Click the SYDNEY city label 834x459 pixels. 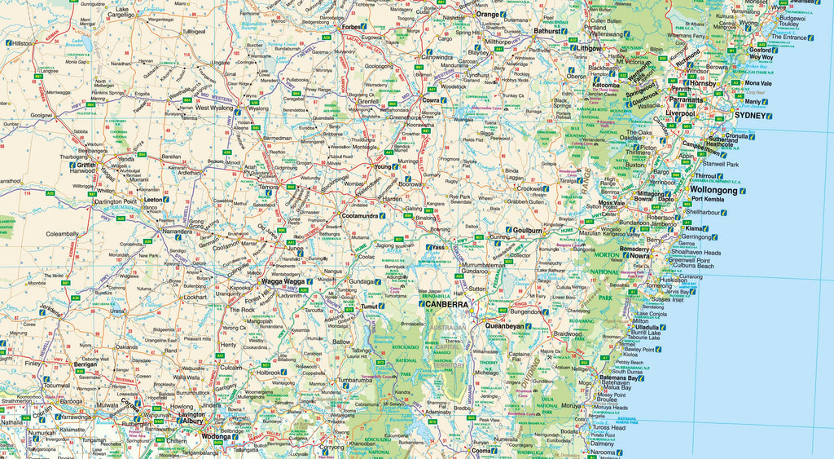(750, 116)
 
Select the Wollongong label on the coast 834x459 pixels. (713, 190)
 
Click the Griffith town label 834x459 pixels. (86, 164)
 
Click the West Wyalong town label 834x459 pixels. (214, 108)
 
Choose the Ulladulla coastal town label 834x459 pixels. (648, 327)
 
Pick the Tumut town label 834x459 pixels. (371, 307)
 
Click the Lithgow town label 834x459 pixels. (586, 48)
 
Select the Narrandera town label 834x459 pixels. (178, 232)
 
